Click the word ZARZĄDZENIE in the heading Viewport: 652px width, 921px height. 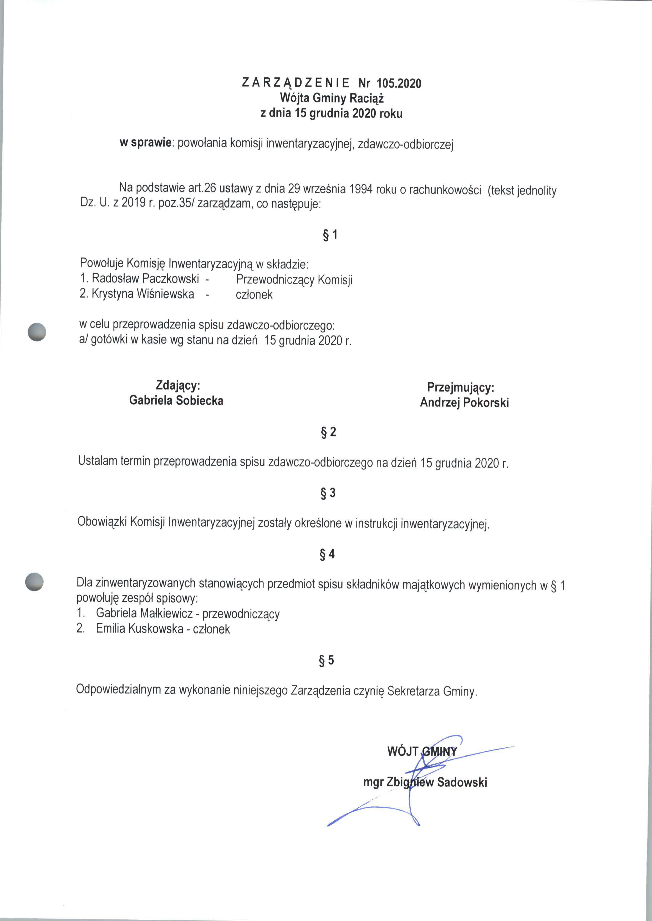[296, 83]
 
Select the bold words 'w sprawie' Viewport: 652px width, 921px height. [146, 143]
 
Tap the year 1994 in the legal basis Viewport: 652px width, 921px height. [361, 190]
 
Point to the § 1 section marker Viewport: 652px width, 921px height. [330, 234]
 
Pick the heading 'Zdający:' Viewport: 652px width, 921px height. [178, 385]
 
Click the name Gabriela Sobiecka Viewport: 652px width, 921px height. [176, 401]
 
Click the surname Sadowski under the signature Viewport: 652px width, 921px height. [462, 782]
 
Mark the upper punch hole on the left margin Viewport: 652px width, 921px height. [37, 332]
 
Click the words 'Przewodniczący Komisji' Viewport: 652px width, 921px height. [294, 279]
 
